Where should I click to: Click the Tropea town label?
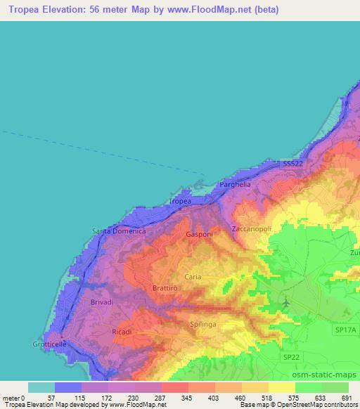[x=180, y=202]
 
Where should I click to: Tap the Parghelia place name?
[x=235, y=184]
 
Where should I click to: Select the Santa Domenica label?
[x=119, y=231]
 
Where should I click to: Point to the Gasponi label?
[x=199, y=234]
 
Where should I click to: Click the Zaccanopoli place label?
[x=254, y=229]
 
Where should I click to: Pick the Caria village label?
[x=193, y=277]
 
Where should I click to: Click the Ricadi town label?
[x=122, y=330]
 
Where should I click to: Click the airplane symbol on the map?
[x=285, y=302]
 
